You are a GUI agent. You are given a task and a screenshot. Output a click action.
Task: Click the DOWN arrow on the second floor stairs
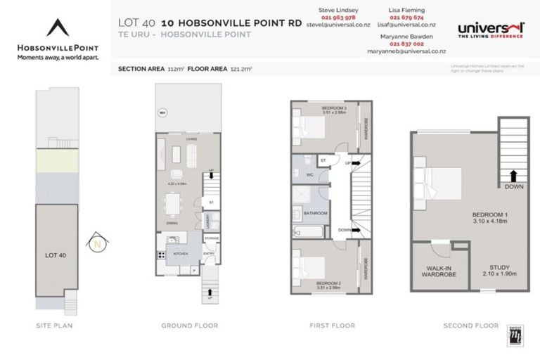click(513, 179)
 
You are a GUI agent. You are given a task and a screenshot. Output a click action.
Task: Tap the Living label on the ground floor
click(191, 139)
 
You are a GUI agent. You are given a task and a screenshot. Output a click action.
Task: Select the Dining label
click(172, 224)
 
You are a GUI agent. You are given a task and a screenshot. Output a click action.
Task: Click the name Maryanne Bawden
click(404, 35)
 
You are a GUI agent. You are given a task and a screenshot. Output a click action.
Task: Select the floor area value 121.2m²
click(240, 70)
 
